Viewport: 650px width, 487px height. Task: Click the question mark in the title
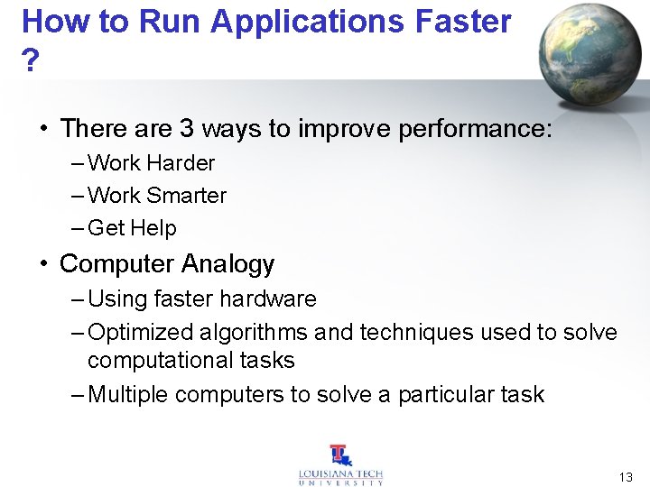(31, 61)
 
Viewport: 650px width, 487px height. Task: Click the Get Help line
(132, 229)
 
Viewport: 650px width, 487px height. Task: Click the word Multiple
(128, 395)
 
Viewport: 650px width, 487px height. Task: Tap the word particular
(443, 396)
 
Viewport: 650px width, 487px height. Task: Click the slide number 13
(626, 477)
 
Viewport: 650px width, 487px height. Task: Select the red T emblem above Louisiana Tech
(340, 455)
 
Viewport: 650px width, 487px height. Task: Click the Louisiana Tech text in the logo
(341, 474)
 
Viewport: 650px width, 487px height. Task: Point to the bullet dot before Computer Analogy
(42, 264)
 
